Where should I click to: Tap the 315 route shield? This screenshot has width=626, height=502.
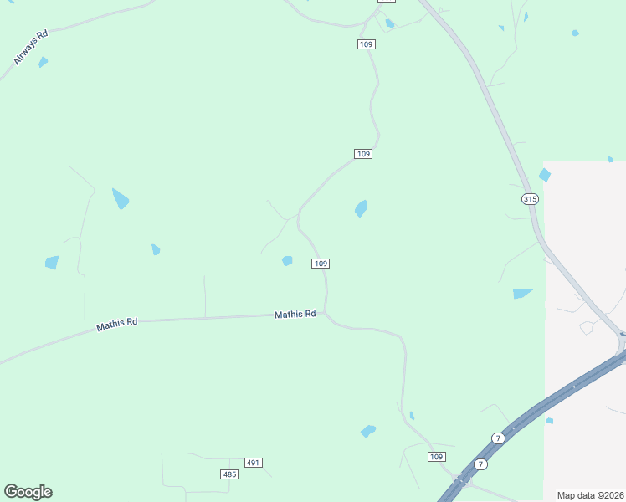529,198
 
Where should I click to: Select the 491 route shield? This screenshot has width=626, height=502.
254,463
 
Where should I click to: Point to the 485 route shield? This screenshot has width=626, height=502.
229,474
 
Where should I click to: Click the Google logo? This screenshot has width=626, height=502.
28,491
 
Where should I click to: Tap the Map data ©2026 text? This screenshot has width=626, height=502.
590,495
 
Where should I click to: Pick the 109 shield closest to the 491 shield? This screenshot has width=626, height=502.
436,456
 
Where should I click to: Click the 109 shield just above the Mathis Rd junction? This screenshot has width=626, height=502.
320,264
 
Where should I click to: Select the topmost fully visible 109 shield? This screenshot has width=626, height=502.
366,44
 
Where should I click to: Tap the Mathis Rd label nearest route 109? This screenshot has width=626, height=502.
295,315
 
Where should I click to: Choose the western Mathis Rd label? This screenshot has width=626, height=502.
116,324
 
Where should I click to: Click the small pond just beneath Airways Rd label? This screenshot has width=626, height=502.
43,62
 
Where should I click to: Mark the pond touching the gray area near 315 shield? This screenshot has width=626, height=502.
545,175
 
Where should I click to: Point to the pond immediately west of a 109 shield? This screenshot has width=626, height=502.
287,261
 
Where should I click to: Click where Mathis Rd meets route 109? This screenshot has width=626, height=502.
326,315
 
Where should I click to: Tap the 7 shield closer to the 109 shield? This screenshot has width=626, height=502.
480,464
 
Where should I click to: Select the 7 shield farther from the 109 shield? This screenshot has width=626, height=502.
498,438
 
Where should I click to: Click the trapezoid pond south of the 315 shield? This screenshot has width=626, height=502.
522,294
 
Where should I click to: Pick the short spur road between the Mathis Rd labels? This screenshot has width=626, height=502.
205,296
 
